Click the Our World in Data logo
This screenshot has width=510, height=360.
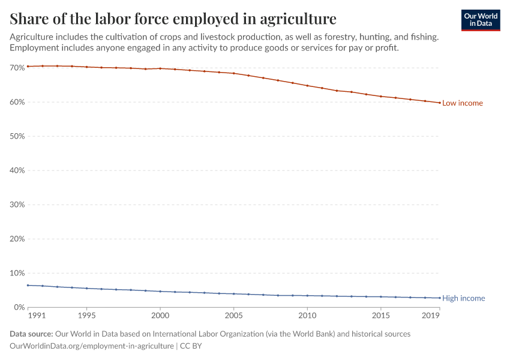(x=480, y=20)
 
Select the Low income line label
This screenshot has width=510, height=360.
(x=462, y=103)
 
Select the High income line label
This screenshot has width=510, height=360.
(x=463, y=298)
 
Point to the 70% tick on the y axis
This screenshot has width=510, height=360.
(x=17, y=68)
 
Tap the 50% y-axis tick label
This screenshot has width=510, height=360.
(x=17, y=136)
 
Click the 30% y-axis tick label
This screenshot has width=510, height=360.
(x=17, y=205)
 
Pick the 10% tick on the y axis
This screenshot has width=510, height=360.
(x=17, y=273)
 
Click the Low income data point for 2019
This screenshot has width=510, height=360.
(x=440, y=103)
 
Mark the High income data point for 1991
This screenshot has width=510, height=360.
(x=28, y=285)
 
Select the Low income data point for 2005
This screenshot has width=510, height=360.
(x=234, y=73)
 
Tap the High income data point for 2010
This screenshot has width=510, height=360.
(x=307, y=295)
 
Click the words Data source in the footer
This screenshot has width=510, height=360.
(x=31, y=334)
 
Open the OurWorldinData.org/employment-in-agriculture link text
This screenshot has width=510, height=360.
(x=92, y=346)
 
